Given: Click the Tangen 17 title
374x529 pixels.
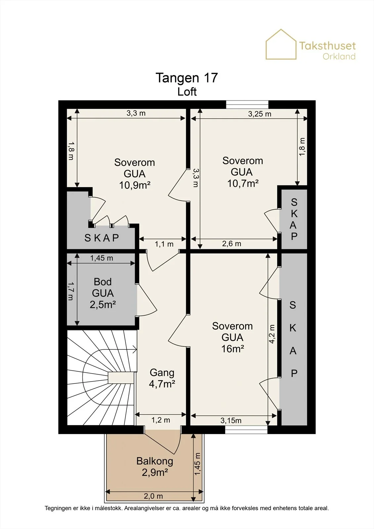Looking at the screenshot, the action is pyautogui.click(x=187, y=78).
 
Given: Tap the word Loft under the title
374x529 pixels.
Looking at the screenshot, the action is pyautogui.click(x=187, y=92).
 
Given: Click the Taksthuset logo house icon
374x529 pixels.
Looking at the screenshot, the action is pyautogui.click(x=281, y=44).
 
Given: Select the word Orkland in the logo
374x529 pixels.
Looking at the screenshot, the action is pyautogui.click(x=339, y=57).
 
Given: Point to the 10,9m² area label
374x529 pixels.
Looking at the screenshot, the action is pyautogui.click(x=135, y=185).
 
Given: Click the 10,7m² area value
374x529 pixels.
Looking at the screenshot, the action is pyautogui.click(x=243, y=183).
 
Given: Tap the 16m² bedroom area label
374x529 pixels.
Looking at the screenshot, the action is pyautogui.click(x=232, y=348).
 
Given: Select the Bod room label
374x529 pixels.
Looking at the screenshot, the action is pyautogui.click(x=103, y=282).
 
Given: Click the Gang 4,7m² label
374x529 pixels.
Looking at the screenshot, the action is pyautogui.click(x=162, y=378).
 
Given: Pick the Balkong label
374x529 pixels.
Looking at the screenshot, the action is pyautogui.click(x=155, y=461).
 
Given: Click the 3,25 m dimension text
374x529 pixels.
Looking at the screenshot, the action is pyautogui.click(x=259, y=114).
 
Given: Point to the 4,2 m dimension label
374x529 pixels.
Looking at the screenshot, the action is pyautogui.click(x=272, y=334).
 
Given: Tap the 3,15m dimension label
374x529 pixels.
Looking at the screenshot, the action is pyautogui.click(x=231, y=420).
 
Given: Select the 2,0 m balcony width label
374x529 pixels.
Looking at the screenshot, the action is pyautogui.click(x=153, y=496).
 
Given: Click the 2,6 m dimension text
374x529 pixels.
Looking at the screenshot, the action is pyautogui.click(x=231, y=244).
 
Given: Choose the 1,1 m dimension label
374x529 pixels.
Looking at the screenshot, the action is pyautogui.click(x=164, y=244).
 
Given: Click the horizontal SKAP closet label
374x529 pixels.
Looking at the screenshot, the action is pyautogui.click(x=102, y=238).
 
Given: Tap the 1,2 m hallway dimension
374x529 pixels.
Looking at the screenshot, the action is pyautogui.click(x=161, y=420).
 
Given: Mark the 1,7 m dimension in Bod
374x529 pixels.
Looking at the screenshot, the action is pyautogui.click(x=71, y=291).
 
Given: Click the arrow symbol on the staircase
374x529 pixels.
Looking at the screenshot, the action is pyautogui.click(x=135, y=349).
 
